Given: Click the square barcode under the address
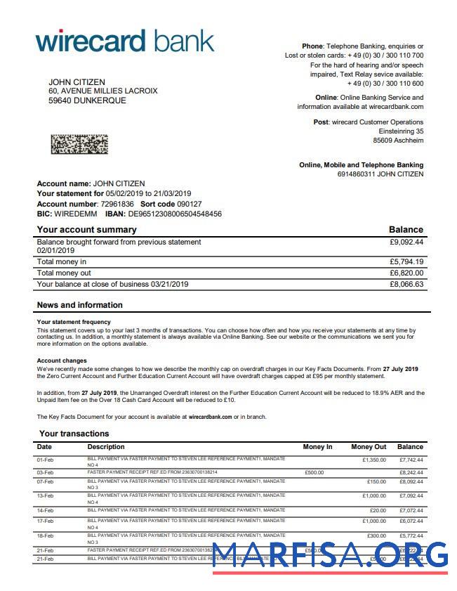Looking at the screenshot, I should click(x=79, y=144).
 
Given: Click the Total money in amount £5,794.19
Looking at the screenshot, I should click(x=406, y=261).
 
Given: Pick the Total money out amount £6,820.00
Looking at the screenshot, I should click(x=406, y=273).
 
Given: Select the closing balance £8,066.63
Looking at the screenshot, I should click(x=406, y=284).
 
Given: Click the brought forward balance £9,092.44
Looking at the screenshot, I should click(x=406, y=242).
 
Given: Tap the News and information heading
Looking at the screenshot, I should click(x=79, y=305).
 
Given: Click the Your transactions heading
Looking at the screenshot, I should click(x=74, y=434).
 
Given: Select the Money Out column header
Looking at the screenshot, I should click(x=369, y=447).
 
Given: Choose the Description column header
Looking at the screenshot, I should click(x=106, y=447).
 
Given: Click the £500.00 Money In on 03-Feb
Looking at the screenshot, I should click(x=314, y=472).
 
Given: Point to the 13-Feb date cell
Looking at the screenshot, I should click(x=44, y=496).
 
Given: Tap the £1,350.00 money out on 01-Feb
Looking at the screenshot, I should click(x=374, y=460).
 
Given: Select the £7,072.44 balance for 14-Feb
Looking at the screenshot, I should click(x=411, y=510).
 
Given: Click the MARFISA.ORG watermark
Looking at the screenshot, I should click(x=330, y=554).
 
